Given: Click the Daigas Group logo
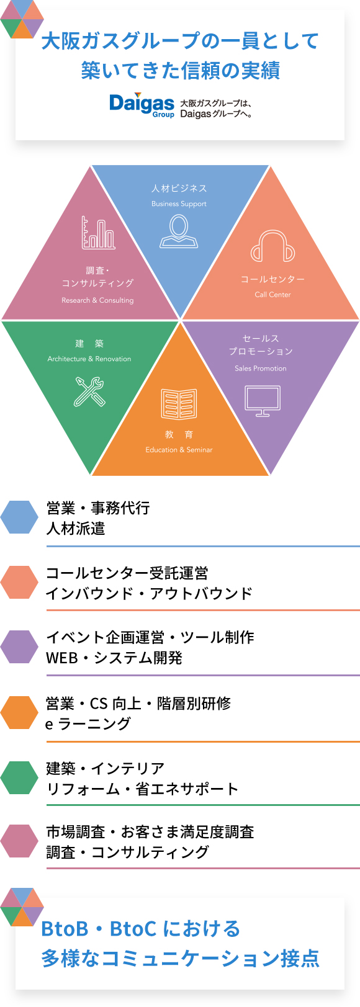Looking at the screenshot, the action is tap(142, 105).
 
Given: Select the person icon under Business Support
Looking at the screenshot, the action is tap(179, 231).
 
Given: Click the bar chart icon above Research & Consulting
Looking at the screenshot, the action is tap(98, 233).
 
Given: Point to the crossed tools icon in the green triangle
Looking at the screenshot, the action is tap(89, 392).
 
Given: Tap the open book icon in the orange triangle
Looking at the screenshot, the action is tap(179, 404).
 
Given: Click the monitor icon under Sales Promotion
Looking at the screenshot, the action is tap(263, 401).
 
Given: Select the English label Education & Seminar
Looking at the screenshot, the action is tap(179, 450).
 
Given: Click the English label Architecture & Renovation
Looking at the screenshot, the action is tap(89, 359).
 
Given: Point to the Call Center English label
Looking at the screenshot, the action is tap(272, 295).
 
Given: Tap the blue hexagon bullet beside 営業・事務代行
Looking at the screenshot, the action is tap(19, 517).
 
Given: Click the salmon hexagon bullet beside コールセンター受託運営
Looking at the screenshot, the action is tap(19, 582).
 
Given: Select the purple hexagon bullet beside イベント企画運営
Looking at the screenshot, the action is tap(19, 647).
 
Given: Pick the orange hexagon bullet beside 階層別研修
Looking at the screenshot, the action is tap(19, 712).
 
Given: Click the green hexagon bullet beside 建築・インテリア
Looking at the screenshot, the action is tap(19, 777).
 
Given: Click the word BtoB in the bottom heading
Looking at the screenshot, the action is tap(65, 929).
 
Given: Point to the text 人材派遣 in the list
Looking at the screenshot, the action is tap(76, 529).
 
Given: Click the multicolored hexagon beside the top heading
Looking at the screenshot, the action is tap(22, 19).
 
